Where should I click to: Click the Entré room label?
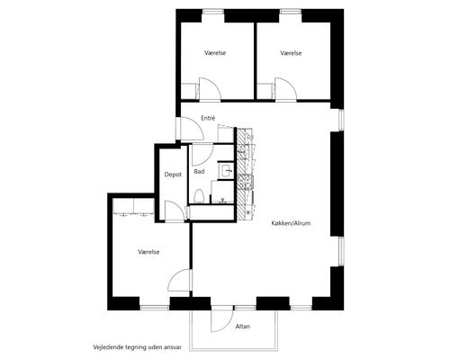coord(208,118)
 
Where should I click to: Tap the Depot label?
coord(173,175)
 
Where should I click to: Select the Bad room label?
coord(199,171)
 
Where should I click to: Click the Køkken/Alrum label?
coord(291,223)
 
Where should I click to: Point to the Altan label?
coord(243,326)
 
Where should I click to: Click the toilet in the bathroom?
coord(199,196)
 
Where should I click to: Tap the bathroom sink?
coord(227,171)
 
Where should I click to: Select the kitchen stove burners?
coord(245,183)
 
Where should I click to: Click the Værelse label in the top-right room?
coord(291,53)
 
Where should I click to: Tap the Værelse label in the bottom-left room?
coord(148,252)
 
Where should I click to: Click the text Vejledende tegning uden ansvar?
coord(137,347)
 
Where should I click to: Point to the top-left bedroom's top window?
coord(213,12)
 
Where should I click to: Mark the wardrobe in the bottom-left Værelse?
coord(133,206)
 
